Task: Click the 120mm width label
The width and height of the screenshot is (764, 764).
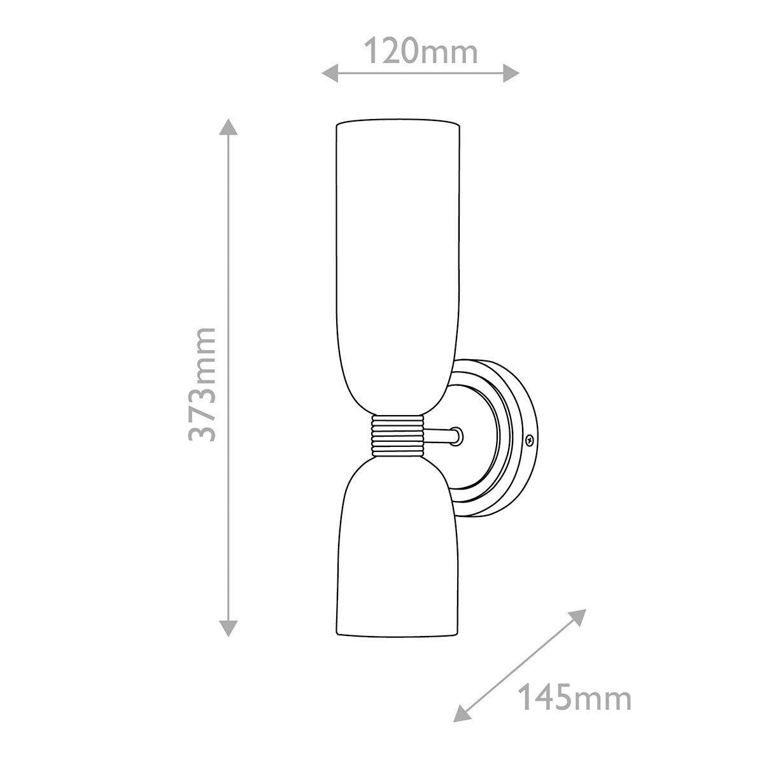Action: pos(420,52)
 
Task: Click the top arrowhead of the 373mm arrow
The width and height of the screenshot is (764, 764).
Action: pos(229,128)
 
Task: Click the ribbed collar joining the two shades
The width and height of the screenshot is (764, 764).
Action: pos(397,436)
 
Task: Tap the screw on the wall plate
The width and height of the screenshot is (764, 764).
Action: pos(529,439)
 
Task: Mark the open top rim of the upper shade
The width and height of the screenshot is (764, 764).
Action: pos(397,121)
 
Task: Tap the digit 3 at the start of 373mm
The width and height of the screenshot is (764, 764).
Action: pos(203,430)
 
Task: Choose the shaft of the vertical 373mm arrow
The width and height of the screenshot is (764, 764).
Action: pos(229,286)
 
